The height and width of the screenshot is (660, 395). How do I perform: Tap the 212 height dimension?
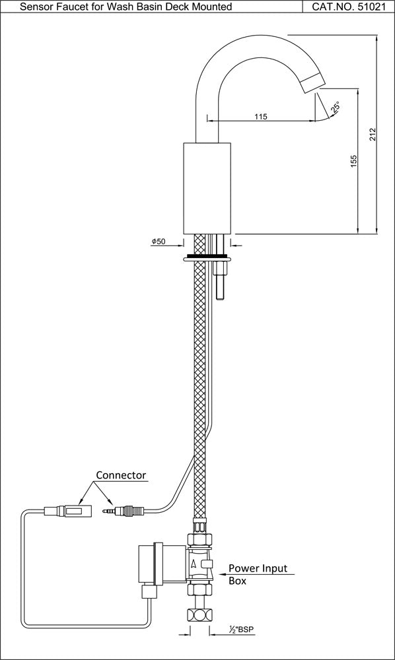tap(373, 134)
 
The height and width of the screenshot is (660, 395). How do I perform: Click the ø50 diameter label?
tap(159, 242)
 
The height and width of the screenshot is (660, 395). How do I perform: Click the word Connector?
tap(121, 475)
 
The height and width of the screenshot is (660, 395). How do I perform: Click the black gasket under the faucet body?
tap(207, 255)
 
